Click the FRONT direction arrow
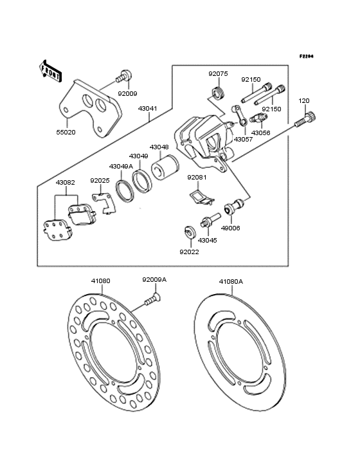click(x=50, y=71)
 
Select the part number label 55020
click(x=66, y=132)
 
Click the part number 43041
click(x=148, y=108)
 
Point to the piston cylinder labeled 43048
click(x=165, y=167)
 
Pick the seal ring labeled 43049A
click(x=125, y=190)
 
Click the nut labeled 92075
click(x=217, y=91)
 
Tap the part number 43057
click(x=243, y=140)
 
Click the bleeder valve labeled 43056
click(x=256, y=118)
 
